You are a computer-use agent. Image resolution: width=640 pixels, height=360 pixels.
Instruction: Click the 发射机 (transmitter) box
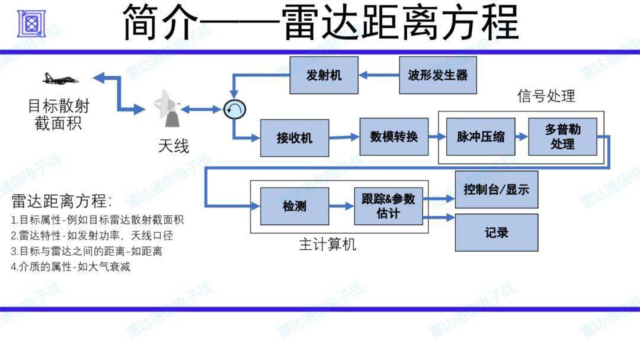tap(324, 75)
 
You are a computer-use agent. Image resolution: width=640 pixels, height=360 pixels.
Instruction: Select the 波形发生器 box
tap(437, 75)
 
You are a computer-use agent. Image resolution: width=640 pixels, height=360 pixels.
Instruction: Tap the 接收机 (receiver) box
tap(294, 138)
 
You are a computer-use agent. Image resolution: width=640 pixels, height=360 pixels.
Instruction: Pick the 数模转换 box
tap(393, 137)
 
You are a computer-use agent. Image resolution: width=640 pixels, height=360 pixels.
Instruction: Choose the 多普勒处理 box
tap(562, 137)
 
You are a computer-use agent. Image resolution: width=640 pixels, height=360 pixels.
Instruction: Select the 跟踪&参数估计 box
tap(388, 206)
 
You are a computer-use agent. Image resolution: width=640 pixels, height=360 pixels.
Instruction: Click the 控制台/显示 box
tap(496, 189)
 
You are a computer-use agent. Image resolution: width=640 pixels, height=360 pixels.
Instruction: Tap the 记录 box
tap(496, 233)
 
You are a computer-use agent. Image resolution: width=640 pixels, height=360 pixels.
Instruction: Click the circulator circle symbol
tap(235, 108)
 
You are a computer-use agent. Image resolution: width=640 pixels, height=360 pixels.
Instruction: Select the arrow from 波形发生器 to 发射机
tap(379, 75)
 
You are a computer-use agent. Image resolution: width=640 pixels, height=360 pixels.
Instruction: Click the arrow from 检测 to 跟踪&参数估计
tap(341, 206)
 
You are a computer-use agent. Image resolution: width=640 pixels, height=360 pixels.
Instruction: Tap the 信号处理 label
tap(546, 96)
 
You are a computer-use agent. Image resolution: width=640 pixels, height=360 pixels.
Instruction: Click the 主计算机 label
tap(328, 244)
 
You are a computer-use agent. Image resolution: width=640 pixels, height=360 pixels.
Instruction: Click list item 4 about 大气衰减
tap(71, 266)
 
